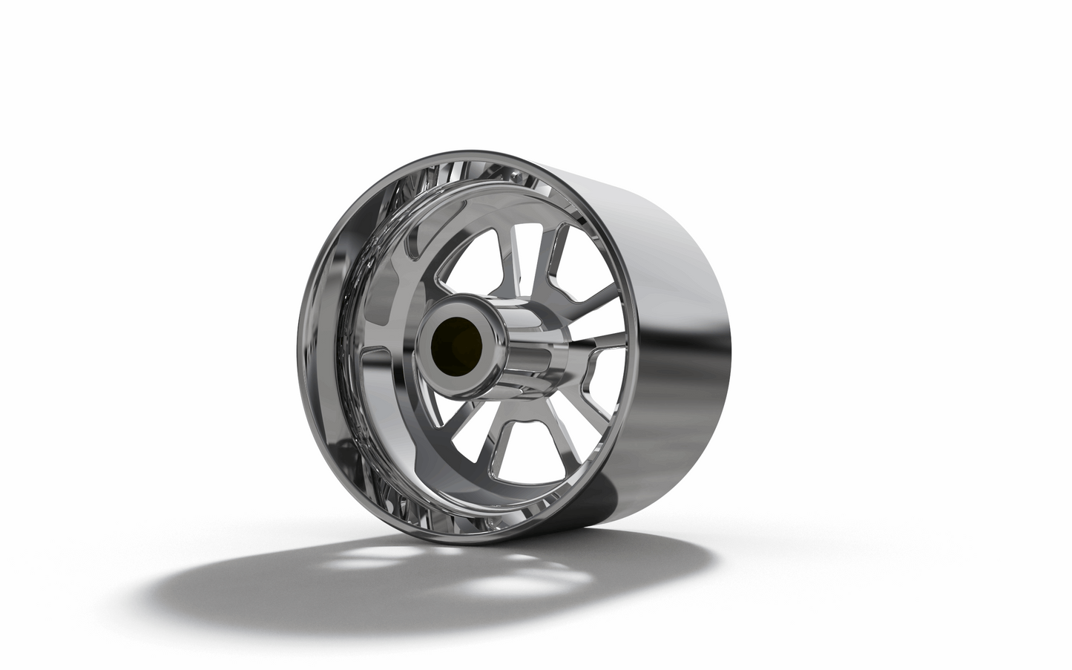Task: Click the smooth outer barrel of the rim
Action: (653, 297)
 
